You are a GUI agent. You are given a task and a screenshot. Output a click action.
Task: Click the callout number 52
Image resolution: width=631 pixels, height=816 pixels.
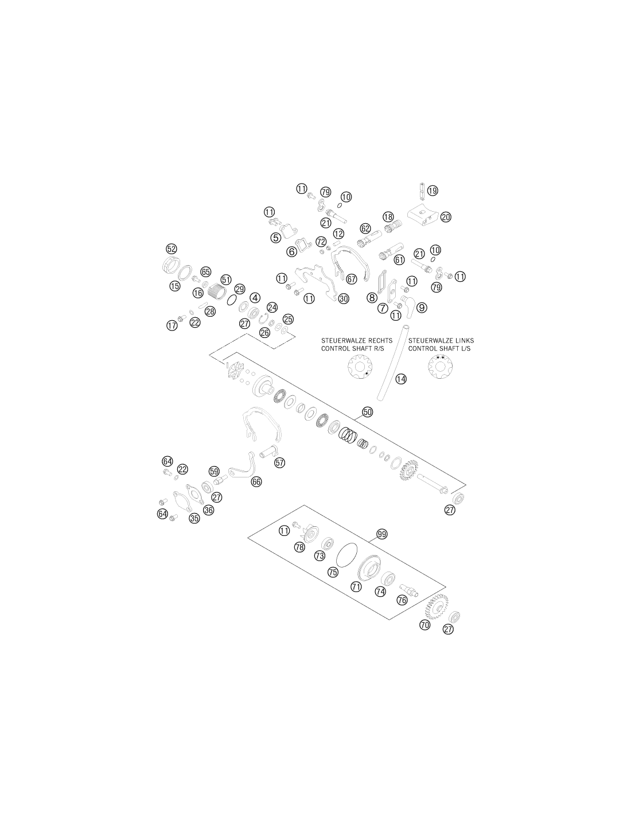click(x=171, y=248)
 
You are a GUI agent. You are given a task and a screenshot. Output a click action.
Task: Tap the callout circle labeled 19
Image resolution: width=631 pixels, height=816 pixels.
click(x=433, y=191)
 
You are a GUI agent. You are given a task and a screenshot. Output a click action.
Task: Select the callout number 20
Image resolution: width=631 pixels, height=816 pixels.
click(x=445, y=217)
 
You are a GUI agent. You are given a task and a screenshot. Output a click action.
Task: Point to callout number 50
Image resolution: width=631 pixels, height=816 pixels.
click(x=367, y=412)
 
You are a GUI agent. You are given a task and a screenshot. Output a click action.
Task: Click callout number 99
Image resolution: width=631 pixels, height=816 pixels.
click(x=381, y=534)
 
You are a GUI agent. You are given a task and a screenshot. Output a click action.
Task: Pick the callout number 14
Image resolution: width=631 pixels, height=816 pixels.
click(x=401, y=379)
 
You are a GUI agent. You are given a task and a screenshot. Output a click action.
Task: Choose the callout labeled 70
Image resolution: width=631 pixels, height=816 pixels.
click(x=424, y=625)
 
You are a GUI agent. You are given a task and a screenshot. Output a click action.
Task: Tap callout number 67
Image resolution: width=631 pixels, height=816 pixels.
click(x=351, y=279)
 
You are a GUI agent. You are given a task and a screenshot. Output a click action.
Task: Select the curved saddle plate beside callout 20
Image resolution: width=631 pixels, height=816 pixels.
click(x=423, y=217)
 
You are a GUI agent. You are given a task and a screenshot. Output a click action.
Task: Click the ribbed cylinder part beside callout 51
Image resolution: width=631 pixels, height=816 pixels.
click(x=216, y=292)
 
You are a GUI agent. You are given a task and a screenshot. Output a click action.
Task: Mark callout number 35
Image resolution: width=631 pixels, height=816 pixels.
click(x=194, y=518)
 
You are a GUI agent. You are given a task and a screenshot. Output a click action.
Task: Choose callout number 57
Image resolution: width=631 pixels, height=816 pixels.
click(x=280, y=463)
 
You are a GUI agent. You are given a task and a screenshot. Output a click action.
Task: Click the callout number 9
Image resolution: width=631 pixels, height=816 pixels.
click(x=422, y=308)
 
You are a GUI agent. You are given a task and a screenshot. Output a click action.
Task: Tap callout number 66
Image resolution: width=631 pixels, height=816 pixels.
click(x=256, y=482)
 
